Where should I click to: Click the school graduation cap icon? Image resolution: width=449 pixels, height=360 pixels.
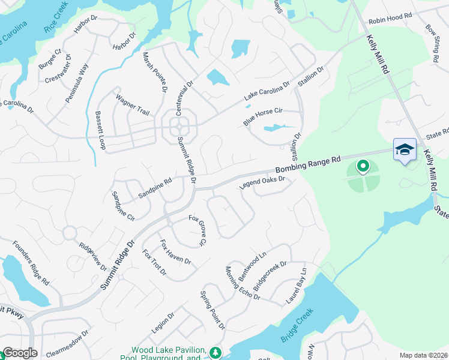coord(405,149)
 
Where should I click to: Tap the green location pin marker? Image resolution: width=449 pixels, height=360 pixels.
coord(363,165)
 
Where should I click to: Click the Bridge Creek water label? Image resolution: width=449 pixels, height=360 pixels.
coord(297,327)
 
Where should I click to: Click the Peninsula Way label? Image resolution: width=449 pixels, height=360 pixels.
coord(77,83)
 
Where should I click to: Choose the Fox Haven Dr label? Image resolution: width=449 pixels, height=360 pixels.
coord(175,253)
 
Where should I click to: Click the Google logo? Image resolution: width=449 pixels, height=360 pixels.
coord(20,353)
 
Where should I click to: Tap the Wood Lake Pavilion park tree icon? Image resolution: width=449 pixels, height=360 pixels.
coord(215,352)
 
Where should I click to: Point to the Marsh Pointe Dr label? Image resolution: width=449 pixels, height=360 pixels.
coord(154,72)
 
